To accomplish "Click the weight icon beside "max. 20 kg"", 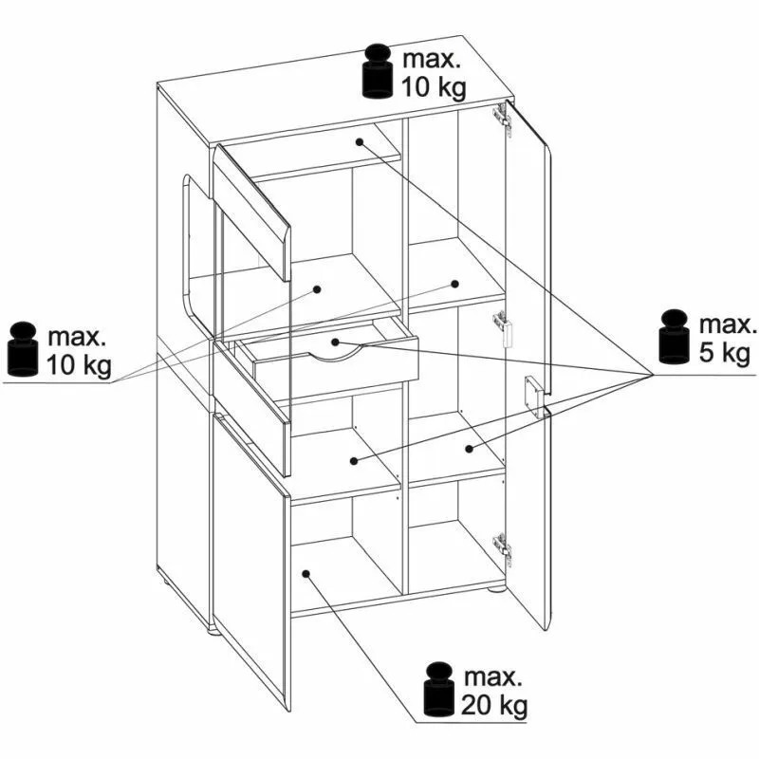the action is (x=438, y=690).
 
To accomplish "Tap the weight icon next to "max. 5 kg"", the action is (x=674, y=337).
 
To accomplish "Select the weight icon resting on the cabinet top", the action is (x=377, y=71).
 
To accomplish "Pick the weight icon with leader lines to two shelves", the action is (x=22, y=348).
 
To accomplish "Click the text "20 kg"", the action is (x=494, y=707).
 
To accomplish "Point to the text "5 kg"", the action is (x=724, y=353).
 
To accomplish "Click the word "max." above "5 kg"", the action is (x=728, y=325).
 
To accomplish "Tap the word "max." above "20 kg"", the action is (x=493, y=677).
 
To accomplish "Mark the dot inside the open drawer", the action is (x=335, y=342).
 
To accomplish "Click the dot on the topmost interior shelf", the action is (x=360, y=141).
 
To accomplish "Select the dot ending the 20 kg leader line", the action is (x=305, y=574).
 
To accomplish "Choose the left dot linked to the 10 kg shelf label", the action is (x=317, y=289).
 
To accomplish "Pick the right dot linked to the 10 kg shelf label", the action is (x=454, y=284).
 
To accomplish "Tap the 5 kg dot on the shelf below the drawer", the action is (x=354, y=461).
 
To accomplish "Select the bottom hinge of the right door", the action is (x=503, y=548).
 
